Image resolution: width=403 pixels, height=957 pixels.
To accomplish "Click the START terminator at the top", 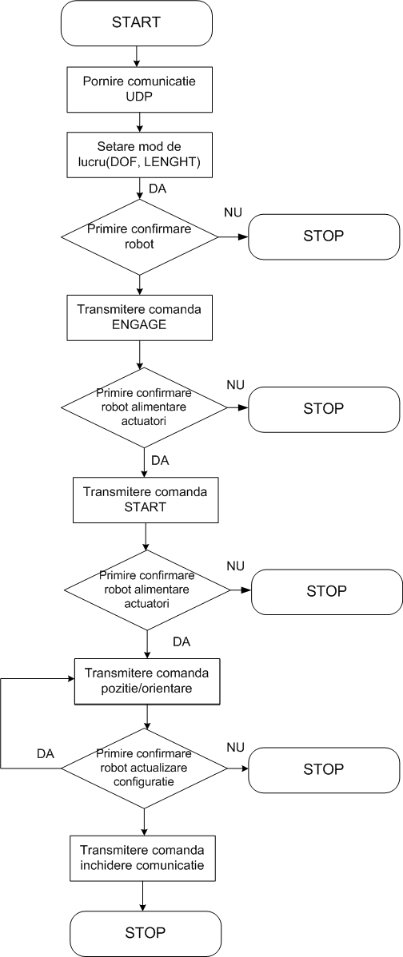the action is (136, 23).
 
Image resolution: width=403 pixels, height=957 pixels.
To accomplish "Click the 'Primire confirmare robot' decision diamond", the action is (140, 236).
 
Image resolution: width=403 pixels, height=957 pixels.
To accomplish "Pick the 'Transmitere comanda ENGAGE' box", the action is (140, 317).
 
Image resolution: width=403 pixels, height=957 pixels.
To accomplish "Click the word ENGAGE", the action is (139, 324).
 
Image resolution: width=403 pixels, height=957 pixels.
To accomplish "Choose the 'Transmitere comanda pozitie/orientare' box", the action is (147, 681).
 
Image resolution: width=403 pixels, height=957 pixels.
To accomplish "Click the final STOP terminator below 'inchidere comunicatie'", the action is (145, 933).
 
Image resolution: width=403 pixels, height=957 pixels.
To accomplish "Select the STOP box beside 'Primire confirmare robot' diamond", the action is (324, 236).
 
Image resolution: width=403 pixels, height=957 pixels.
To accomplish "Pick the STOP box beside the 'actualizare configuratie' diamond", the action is (324, 768).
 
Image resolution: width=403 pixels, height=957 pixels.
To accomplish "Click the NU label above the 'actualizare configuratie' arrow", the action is (235, 748).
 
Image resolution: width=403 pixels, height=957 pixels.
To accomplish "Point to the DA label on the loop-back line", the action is (46, 754).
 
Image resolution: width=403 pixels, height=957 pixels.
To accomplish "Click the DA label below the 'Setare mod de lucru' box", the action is (158, 189).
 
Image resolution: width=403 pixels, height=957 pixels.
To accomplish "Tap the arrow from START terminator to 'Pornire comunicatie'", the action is (136, 56).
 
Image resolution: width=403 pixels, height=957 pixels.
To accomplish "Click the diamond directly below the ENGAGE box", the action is (143, 407).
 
